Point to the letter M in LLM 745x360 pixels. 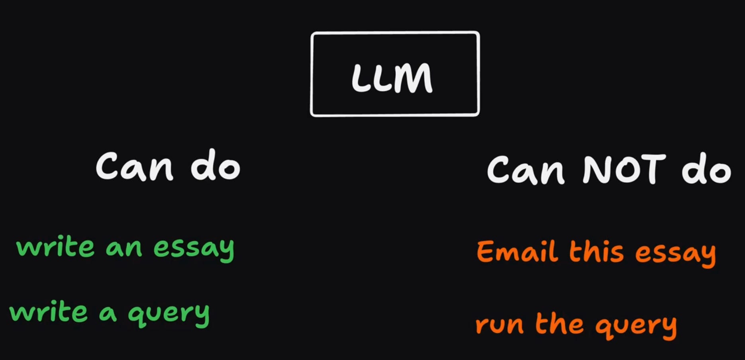(x=412, y=78)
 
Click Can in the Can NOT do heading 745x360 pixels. (x=525, y=170)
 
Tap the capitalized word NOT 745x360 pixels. (x=624, y=170)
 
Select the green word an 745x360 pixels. (x=124, y=248)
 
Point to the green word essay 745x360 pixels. (x=194, y=249)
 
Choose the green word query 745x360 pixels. (x=169, y=315)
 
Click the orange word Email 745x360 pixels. (x=517, y=251)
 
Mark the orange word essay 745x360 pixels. (x=675, y=254)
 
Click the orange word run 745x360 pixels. (x=499, y=325)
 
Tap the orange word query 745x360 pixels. (x=636, y=326)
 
